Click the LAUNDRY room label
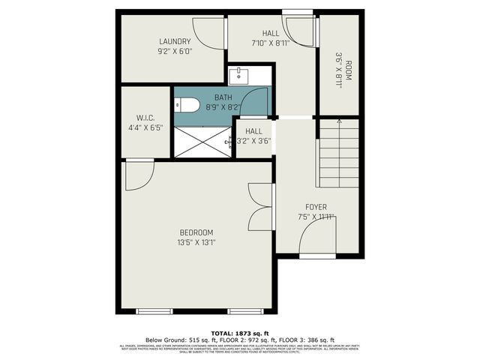coord(174,41)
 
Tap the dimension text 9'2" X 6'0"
coord(174,52)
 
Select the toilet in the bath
coord(187,106)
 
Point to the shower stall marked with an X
coord(201,142)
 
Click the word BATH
coord(223,97)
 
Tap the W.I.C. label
coord(145,118)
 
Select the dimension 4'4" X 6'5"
coord(145,127)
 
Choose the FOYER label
coord(315,207)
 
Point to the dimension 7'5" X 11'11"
coord(315,217)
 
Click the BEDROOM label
coord(196,232)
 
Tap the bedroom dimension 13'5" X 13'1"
coord(196,242)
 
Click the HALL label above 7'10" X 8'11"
coord(271,34)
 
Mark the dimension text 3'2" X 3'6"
coord(253,140)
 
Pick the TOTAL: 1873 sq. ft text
coord(240,332)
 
